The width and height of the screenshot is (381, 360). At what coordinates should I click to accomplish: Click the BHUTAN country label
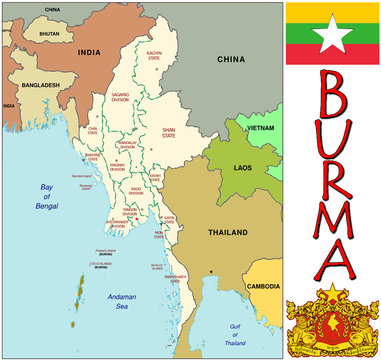[x=49, y=33]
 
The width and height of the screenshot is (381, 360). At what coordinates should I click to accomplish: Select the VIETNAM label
[x=261, y=129]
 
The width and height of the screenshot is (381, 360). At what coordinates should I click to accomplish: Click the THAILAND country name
[x=227, y=232]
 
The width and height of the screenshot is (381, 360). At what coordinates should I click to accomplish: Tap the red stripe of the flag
[x=333, y=57]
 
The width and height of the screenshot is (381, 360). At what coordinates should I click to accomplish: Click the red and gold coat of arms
[x=333, y=323]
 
